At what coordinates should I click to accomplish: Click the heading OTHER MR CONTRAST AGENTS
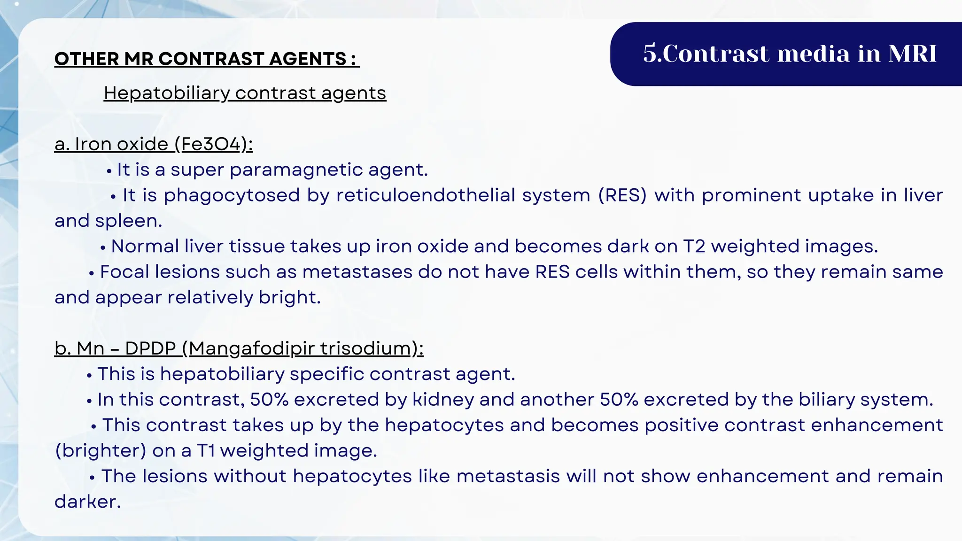point(207,59)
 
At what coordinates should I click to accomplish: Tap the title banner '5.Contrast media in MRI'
point(789,54)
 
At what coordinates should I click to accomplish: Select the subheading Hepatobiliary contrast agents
point(245,93)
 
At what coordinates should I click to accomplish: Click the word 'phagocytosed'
point(232,195)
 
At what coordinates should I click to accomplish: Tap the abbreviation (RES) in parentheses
point(622,195)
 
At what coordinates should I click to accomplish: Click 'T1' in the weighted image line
point(205,451)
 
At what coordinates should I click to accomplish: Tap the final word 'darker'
point(87,502)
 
